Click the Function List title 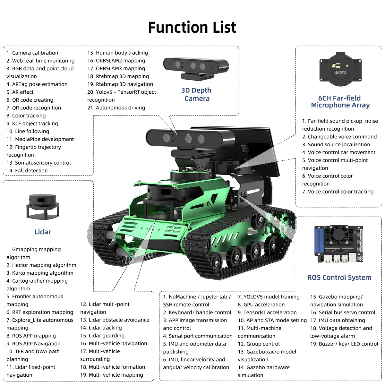point(192,27)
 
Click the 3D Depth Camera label point(196,95)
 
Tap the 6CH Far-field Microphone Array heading point(340,102)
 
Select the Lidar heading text point(43,232)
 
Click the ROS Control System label point(339,278)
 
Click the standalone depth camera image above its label point(196,68)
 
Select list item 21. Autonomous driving point(116,108)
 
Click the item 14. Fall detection point(27,171)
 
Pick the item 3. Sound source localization point(336,145)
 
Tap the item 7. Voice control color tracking point(338,192)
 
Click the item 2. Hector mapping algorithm point(41,265)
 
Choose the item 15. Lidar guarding point(102,336)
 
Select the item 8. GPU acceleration point(261,305)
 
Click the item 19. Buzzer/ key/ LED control point(344,344)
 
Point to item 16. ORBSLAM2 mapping point(116,61)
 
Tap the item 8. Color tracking point(26,116)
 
